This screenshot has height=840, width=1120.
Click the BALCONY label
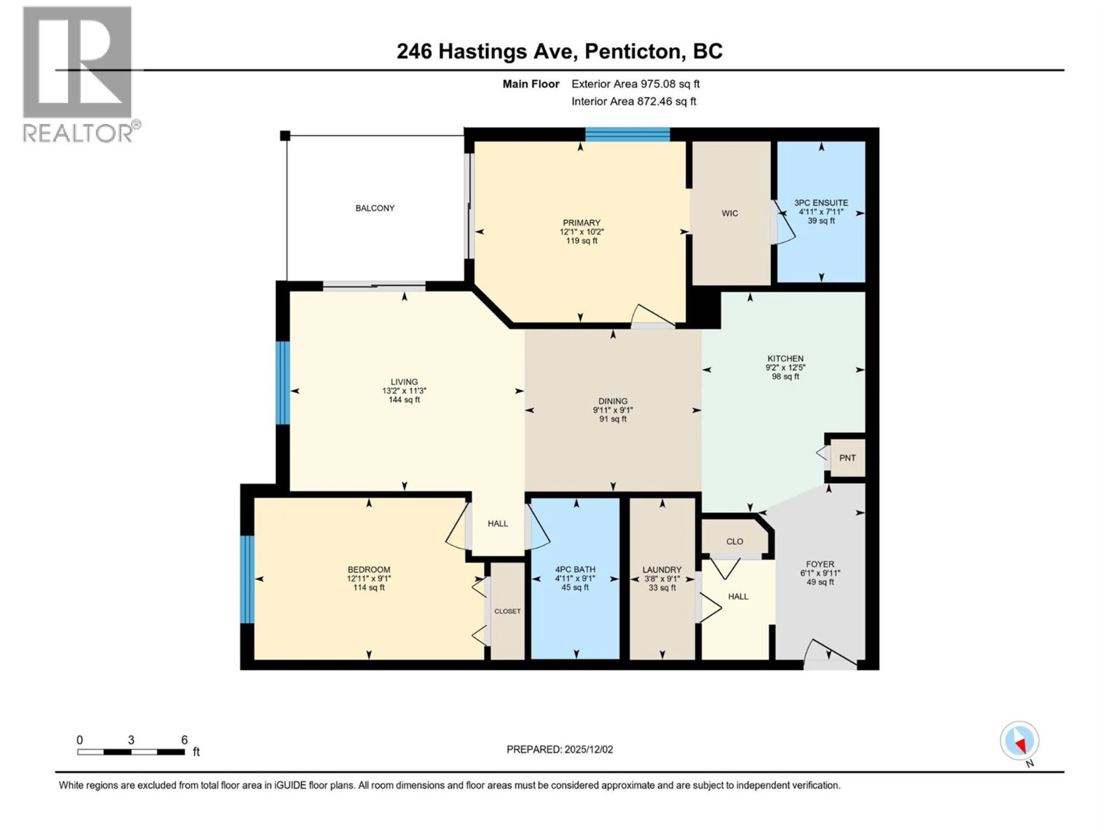[x=375, y=208]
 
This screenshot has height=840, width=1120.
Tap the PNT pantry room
[x=847, y=458]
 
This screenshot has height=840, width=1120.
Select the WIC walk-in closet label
[x=730, y=213]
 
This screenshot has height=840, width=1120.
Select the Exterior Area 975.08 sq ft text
[x=636, y=84]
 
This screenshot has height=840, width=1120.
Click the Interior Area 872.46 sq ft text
[x=633, y=101]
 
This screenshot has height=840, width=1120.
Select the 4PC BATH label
[x=575, y=569]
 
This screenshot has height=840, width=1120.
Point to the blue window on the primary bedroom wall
[x=628, y=134]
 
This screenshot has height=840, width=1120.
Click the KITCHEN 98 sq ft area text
[x=785, y=377]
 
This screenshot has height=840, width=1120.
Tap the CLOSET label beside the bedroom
[x=507, y=611]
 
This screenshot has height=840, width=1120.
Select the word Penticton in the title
[x=633, y=51]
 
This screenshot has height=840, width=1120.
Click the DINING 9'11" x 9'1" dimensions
[x=613, y=410]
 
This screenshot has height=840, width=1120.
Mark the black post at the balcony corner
[x=285, y=135]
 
